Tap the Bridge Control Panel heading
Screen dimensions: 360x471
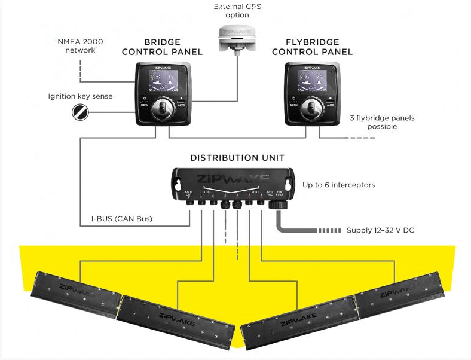coord(162,47)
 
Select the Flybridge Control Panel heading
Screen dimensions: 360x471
coord(312,47)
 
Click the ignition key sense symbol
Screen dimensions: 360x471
coord(80,111)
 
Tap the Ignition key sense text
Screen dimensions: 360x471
coord(81,96)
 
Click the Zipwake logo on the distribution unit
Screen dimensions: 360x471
coord(231,178)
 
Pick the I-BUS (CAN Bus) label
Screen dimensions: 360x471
coord(123,219)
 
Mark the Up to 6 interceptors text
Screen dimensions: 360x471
coord(338,185)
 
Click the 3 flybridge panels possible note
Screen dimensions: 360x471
coord(382,122)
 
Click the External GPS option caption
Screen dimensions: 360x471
coord(237,11)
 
